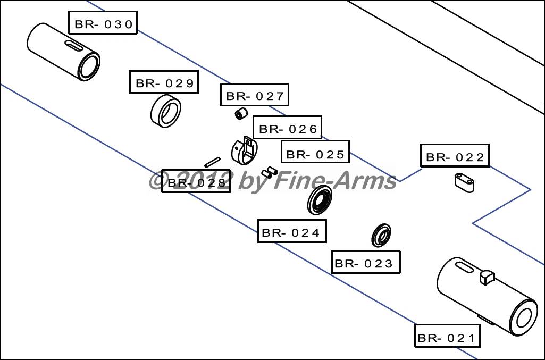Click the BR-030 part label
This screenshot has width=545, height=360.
click(x=103, y=22)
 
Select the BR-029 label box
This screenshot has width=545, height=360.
click(x=164, y=82)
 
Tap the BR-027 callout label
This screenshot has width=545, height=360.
click(x=255, y=95)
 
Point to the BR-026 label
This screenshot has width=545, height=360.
click(x=288, y=128)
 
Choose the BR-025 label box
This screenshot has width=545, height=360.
click(x=315, y=152)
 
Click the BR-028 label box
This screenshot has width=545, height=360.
click(x=196, y=181)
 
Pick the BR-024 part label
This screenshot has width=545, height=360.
click(x=292, y=231)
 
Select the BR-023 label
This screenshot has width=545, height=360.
click(x=366, y=262)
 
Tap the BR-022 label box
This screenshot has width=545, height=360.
click(x=455, y=156)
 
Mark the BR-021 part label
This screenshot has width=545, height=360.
click(x=447, y=336)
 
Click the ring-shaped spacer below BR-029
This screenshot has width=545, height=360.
click(x=166, y=112)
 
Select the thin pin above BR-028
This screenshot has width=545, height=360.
click(x=212, y=162)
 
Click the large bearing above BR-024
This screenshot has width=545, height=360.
click(x=320, y=199)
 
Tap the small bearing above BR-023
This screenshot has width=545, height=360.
click(x=381, y=235)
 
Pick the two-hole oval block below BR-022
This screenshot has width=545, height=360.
click(x=464, y=183)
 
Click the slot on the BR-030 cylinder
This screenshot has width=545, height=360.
click(x=74, y=45)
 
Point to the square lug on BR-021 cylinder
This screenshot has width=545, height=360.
click(x=487, y=277)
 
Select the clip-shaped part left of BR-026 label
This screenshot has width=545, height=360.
click(x=244, y=150)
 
